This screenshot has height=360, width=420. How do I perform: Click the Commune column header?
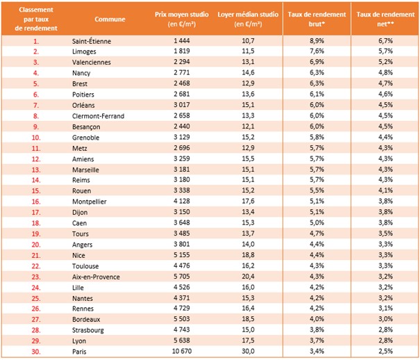[x=110, y=19]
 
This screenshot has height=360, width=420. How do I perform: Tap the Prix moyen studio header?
[x=182, y=19]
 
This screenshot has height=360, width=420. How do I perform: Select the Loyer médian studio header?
[x=248, y=19]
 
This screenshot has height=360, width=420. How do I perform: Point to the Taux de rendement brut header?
[x=317, y=19]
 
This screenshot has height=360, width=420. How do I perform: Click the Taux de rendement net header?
[x=385, y=19]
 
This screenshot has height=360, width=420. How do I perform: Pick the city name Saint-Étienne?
[x=92, y=41]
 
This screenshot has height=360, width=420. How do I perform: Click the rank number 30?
[x=36, y=352]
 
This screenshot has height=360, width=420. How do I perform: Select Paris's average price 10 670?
[x=182, y=351]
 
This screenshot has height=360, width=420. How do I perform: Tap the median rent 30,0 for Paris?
[x=248, y=351]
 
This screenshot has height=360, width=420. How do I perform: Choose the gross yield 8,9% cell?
[x=317, y=41]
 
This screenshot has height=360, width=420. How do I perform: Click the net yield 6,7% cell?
[x=385, y=41]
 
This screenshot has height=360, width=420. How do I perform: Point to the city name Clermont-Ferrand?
[x=98, y=116]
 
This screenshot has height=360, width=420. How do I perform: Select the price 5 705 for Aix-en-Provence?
[x=182, y=277]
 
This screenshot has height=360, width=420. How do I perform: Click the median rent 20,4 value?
[x=248, y=277]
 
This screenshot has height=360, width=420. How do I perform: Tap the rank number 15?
[x=36, y=191]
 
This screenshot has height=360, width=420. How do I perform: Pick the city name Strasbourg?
[x=88, y=330]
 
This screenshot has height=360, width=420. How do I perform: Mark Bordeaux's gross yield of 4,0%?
[x=317, y=319]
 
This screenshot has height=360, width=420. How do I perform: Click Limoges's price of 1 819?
[x=182, y=51]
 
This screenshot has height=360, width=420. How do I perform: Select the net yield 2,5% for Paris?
[x=385, y=351]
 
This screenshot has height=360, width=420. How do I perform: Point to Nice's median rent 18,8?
[x=248, y=255]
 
